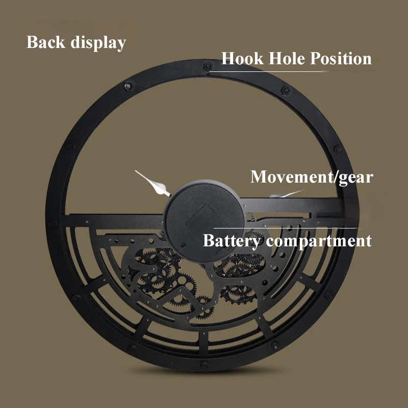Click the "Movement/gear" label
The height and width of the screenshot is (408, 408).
[312, 177]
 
